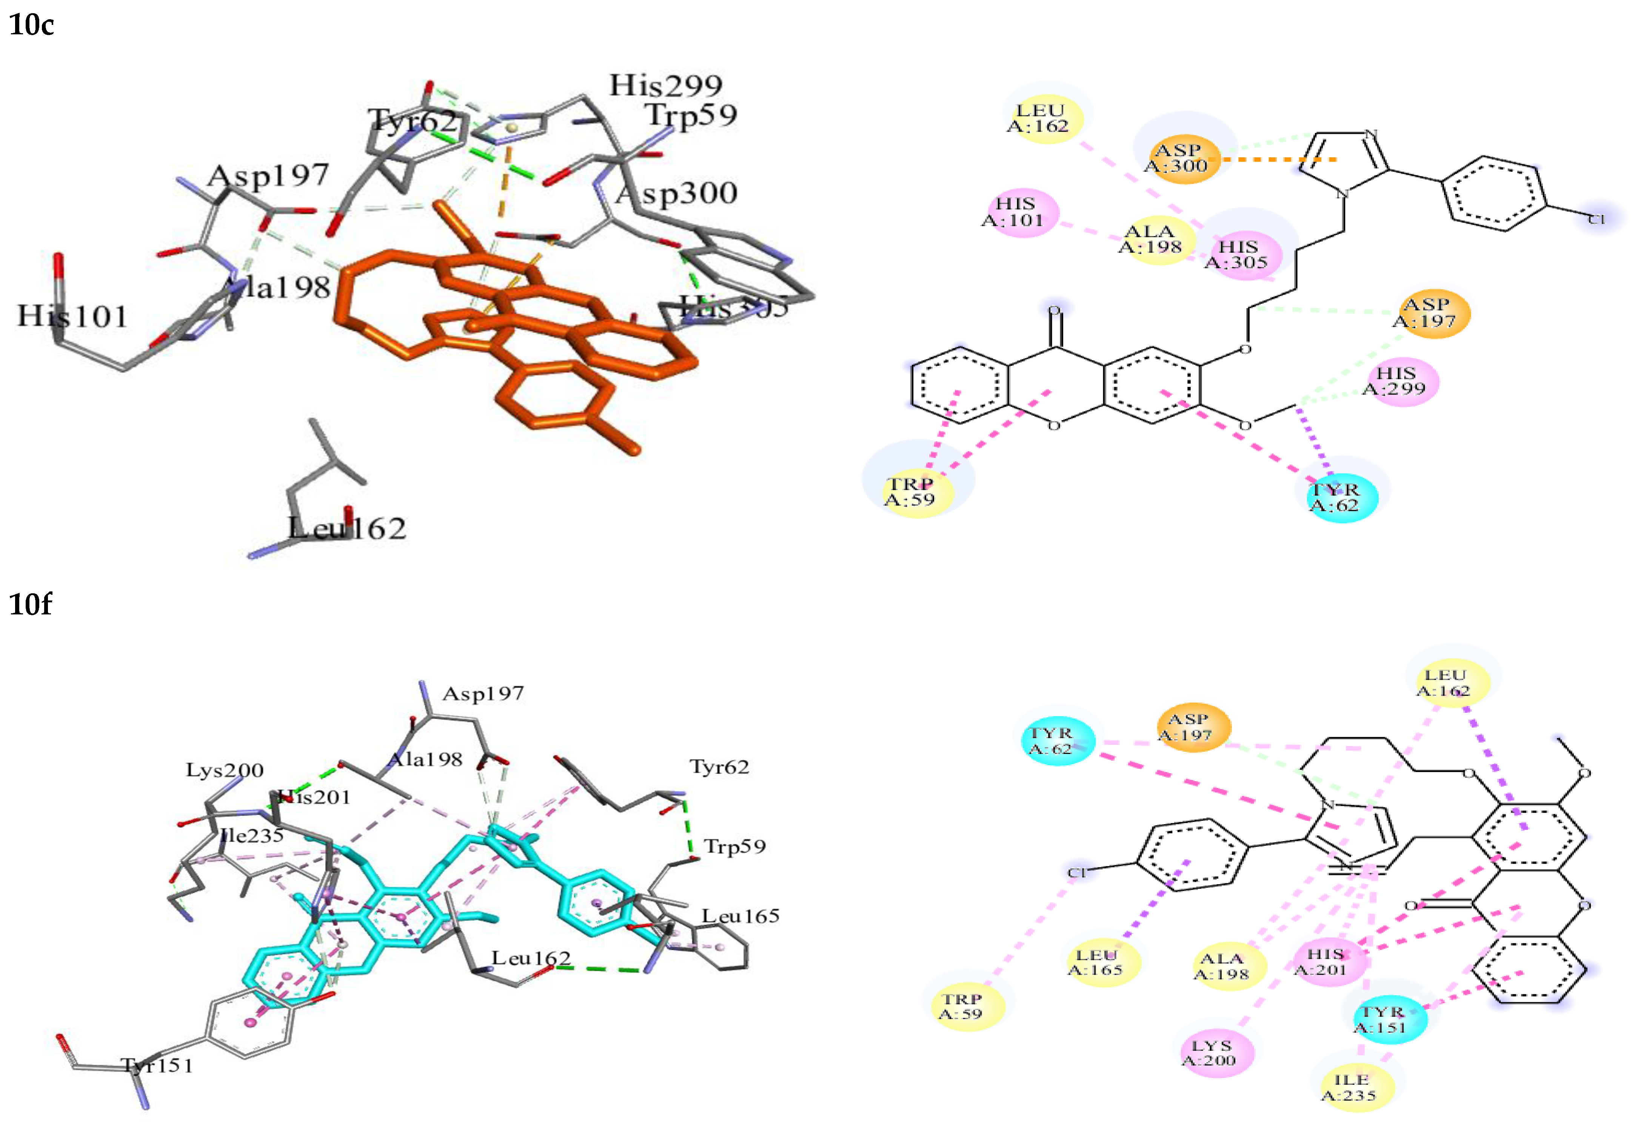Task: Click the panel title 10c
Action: tap(31, 25)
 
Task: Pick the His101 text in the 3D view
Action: tap(72, 316)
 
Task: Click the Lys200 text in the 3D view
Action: tap(225, 770)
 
